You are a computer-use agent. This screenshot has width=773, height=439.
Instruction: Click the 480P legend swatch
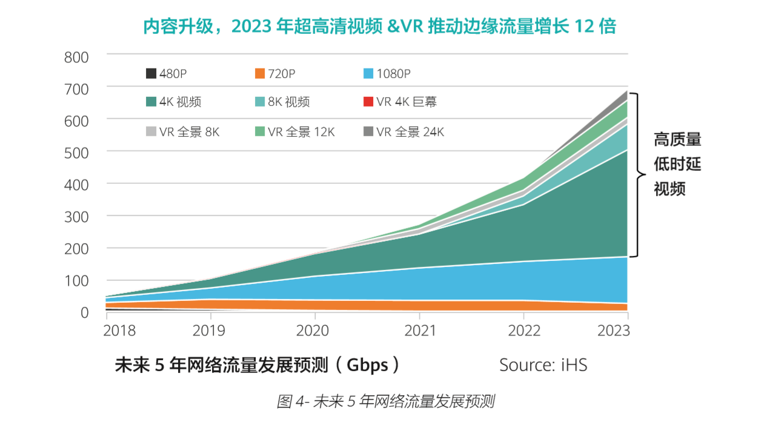(x=151, y=74)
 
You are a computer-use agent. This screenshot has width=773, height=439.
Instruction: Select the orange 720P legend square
(x=260, y=74)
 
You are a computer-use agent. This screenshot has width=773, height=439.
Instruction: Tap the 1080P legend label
(x=393, y=74)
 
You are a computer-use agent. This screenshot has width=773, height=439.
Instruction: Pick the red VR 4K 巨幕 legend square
(x=368, y=102)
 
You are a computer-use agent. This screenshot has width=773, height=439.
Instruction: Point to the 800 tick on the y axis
(x=76, y=57)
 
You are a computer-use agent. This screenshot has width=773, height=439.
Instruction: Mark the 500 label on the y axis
(x=76, y=152)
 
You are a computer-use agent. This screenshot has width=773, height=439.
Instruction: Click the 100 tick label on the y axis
(x=76, y=281)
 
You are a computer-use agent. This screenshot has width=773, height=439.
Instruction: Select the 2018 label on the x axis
(x=119, y=331)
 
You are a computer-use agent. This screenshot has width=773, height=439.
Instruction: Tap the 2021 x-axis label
(x=420, y=331)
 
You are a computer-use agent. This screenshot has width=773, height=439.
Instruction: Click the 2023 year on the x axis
(x=613, y=331)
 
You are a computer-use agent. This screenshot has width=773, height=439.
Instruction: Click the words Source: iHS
(x=543, y=365)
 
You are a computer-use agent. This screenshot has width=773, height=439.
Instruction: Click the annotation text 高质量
(x=677, y=140)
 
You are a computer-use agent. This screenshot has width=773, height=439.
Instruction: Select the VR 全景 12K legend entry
(x=301, y=131)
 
